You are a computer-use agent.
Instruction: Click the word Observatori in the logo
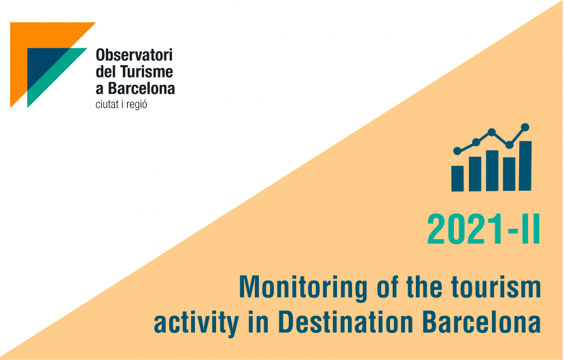point(134,55)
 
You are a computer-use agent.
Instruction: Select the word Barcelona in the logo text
point(142,88)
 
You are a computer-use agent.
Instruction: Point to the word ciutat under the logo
point(107,105)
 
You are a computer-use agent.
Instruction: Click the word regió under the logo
point(137,105)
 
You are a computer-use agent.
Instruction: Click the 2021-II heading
point(484,229)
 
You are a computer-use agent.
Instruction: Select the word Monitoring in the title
point(303,288)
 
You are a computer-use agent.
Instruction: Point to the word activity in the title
point(196,323)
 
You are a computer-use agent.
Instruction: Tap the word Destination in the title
point(346,321)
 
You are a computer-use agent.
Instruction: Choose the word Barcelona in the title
point(482,321)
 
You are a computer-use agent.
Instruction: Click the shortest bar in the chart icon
point(457,179)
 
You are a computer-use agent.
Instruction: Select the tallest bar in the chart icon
point(525,166)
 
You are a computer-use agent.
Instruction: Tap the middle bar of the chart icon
point(492,170)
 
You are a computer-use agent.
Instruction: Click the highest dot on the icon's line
point(525,127)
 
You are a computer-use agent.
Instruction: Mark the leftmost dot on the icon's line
point(457,151)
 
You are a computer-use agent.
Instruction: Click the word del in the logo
point(105,71)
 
